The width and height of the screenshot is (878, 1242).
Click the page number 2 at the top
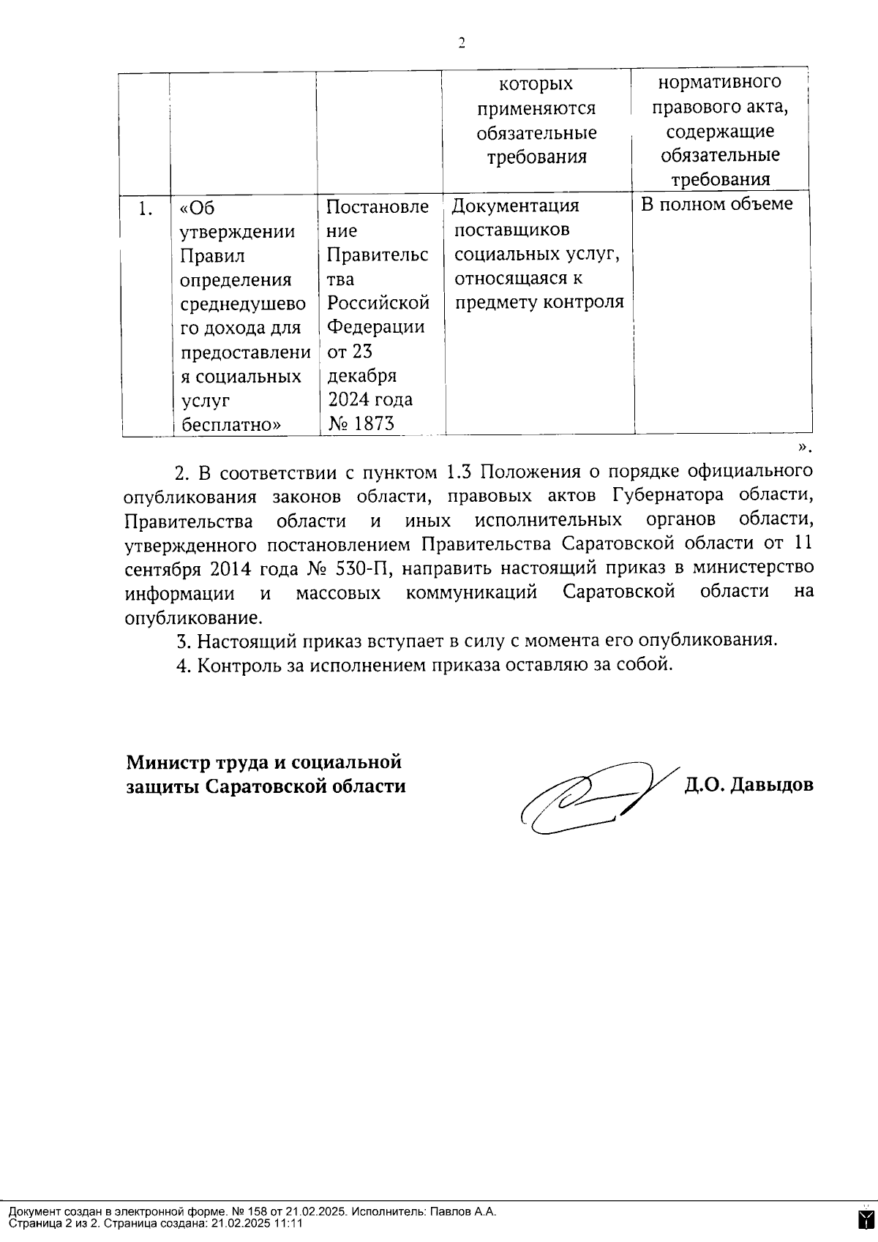click(x=462, y=43)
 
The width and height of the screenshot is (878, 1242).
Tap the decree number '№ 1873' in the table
click(x=361, y=423)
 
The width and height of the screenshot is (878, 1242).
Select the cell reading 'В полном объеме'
click(x=716, y=204)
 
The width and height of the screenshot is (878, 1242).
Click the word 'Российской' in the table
click(x=378, y=302)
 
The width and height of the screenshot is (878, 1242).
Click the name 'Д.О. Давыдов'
click(x=748, y=786)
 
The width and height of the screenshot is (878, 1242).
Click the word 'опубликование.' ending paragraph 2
click(x=193, y=617)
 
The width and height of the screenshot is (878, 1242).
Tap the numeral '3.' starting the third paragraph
click(x=184, y=641)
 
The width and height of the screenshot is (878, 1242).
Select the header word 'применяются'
click(x=536, y=109)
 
